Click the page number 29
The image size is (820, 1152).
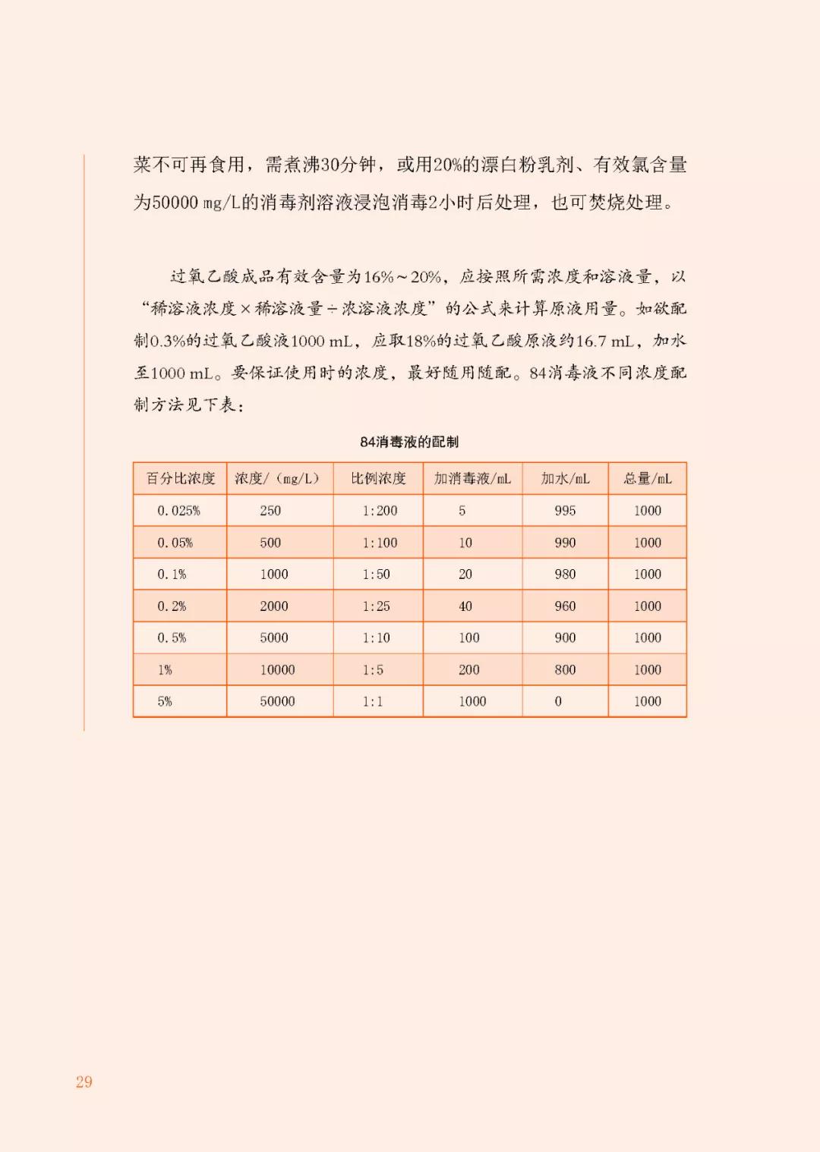pos(84,1082)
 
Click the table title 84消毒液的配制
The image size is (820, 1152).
pos(409,442)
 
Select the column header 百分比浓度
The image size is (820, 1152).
pos(181,479)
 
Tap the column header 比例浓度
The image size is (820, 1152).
pos(378,479)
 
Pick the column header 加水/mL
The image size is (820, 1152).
pos(565,479)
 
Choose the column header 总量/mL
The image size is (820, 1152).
pos(648,479)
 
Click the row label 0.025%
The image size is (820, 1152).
pos(179,511)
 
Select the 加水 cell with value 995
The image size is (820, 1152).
pos(565,511)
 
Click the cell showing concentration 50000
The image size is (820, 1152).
pos(277,701)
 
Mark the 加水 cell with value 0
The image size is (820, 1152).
pos(558,701)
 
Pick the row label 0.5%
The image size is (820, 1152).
pos(172,638)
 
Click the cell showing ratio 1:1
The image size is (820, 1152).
pos(372,701)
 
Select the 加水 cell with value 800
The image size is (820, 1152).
pos(565,670)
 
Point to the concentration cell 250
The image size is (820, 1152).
pos(270,511)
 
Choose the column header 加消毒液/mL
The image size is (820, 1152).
pos(472,479)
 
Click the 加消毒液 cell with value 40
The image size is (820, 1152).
pos(465,606)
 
